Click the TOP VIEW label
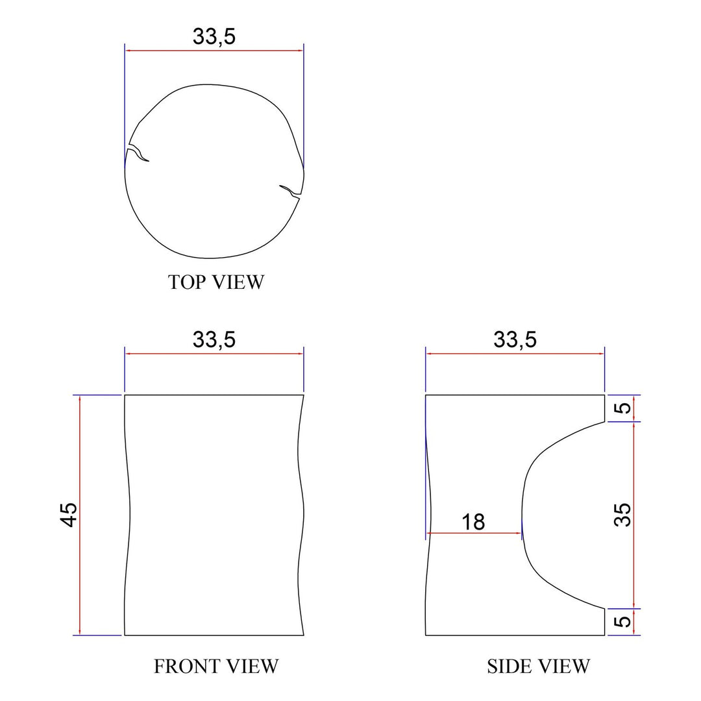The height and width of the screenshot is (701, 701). [216, 282]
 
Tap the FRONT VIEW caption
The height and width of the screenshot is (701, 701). [216, 667]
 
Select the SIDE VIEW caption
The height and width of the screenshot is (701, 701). [538, 667]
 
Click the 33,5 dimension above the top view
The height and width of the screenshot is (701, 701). [214, 36]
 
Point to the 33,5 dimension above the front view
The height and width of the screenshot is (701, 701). [214, 339]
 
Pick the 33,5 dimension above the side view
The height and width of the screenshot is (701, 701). [515, 339]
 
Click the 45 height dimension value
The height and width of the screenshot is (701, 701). [69, 515]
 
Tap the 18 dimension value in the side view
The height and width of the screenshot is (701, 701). [473, 522]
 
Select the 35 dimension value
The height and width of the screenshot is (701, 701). [622, 515]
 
